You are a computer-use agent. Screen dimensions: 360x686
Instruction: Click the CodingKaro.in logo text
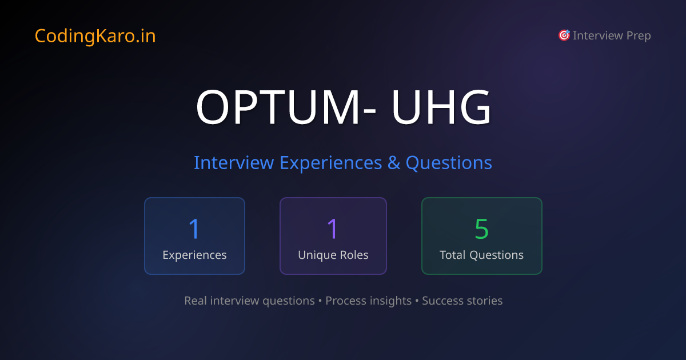[x=95, y=36]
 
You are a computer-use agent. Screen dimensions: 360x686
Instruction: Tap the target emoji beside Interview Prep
[x=564, y=35]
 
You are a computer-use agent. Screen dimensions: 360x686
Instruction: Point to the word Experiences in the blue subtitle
[x=330, y=163]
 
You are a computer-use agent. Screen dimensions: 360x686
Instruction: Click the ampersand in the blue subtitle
[x=394, y=163]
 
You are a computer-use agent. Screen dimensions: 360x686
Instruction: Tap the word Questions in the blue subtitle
[x=449, y=163]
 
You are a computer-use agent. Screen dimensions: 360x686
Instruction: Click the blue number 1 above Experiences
[x=194, y=229]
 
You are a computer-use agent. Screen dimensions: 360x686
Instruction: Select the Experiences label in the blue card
[x=194, y=255]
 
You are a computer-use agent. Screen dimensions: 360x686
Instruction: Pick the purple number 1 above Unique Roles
[x=333, y=229]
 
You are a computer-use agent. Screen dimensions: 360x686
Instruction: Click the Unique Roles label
[x=333, y=255]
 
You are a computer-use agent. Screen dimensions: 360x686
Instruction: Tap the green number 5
[x=481, y=229]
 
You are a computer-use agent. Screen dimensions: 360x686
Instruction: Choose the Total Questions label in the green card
[x=481, y=255]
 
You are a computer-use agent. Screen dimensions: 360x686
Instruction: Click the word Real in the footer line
[x=196, y=301]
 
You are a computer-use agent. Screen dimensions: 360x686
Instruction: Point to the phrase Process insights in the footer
[x=368, y=301]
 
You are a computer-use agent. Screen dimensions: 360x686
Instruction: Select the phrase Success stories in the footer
[x=462, y=301]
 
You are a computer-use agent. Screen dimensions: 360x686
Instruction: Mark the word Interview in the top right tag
[x=597, y=36]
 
